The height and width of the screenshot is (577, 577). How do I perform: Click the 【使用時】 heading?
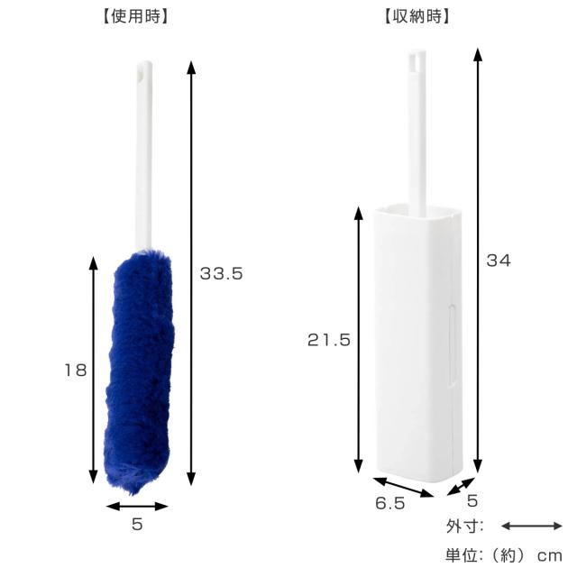[135, 17]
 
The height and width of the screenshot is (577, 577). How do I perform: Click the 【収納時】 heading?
[417, 17]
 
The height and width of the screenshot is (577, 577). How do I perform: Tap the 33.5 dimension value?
[221, 274]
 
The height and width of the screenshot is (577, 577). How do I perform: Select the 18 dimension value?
[76, 370]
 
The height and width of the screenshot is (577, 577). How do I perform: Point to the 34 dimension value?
[499, 261]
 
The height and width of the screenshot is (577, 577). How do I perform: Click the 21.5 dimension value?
[329, 340]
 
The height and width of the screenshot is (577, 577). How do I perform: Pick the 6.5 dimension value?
[390, 503]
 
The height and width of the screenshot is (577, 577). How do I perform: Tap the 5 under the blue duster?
[137, 524]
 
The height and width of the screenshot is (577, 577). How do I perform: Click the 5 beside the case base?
[472, 500]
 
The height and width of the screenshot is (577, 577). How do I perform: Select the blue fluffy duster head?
[140, 371]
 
